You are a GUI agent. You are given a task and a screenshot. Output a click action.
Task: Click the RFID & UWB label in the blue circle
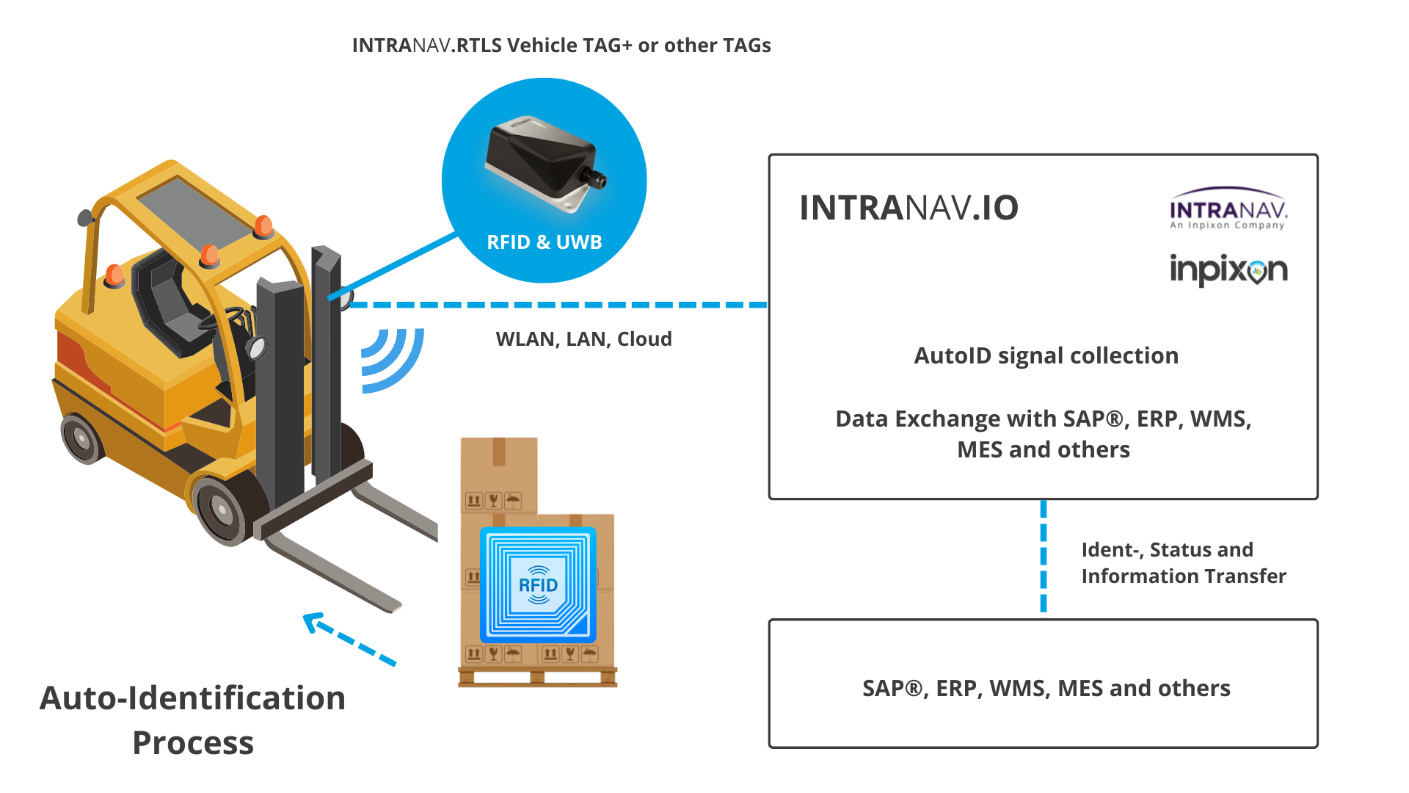[544, 242]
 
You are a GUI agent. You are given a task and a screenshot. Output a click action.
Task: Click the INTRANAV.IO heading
[909, 208]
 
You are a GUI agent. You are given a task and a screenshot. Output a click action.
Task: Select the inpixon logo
[1228, 269]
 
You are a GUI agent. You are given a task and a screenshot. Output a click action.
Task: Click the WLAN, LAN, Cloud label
[583, 339]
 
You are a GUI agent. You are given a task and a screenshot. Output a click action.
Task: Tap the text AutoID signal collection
[1045, 356]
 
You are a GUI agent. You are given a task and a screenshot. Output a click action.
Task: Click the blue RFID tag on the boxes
[538, 584]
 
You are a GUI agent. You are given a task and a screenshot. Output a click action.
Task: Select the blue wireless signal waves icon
[392, 359]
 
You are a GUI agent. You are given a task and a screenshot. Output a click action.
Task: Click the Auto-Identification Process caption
[192, 720]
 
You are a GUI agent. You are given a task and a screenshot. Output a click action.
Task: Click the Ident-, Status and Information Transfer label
[1182, 562]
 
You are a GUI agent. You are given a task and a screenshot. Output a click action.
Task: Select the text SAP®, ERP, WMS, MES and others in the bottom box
[1045, 689]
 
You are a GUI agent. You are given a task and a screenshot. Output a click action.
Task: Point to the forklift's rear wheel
[81, 438]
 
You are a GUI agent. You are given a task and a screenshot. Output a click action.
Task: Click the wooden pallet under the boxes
[537, 676]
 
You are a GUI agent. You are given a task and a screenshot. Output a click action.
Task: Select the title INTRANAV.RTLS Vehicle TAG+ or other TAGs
[561, 46]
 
